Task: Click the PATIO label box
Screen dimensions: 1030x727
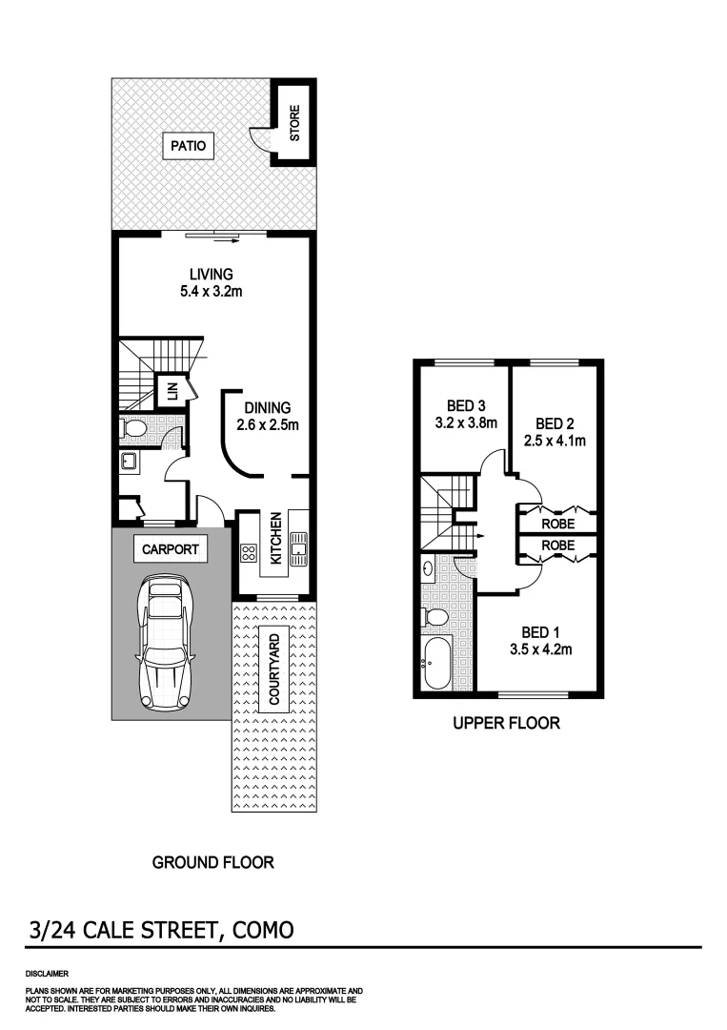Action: coord(188,146)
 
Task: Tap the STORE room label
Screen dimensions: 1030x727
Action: coord(295,124)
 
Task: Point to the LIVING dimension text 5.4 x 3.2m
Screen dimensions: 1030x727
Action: coord(211,292)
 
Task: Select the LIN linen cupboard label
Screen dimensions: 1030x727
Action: coord(172,390)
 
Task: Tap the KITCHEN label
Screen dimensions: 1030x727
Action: coord(275,538)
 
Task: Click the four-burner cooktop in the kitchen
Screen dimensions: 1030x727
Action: coord(248,552)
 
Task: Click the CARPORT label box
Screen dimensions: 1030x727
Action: coord(171,549)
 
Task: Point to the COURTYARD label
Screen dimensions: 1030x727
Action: coord(274,670)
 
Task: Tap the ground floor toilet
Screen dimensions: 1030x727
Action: coord(134,429)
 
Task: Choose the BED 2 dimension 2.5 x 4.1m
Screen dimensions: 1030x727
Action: coord(554,441)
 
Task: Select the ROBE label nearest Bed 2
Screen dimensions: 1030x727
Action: coord(557,524)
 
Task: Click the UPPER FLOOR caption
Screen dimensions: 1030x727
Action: coord(506,724)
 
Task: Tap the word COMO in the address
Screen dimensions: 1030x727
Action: coord(259,929)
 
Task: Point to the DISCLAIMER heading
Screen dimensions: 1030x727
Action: coord(47,974)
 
